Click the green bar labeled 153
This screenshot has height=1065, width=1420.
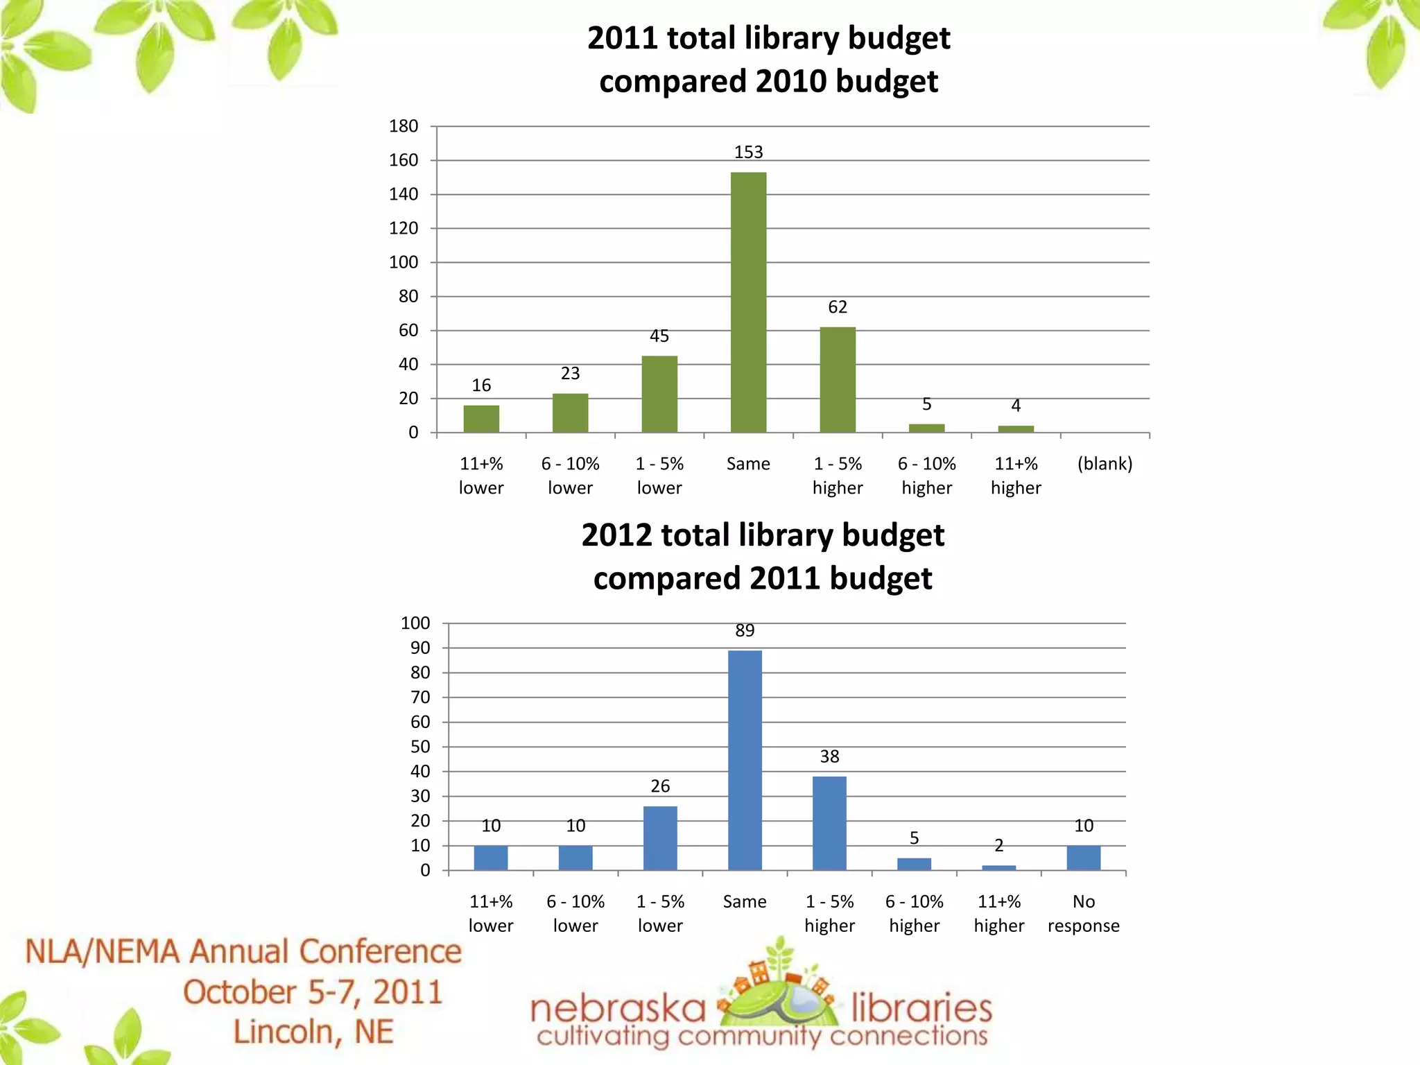point(748,302)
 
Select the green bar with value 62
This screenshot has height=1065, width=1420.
point(838,380)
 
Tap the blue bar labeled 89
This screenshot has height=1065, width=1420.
point(745,760)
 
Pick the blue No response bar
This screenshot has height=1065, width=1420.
point(1083,858)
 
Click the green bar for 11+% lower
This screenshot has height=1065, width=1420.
point(481,419)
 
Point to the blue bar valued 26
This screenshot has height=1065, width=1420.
point(660,838)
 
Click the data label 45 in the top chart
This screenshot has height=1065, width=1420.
point(659,336)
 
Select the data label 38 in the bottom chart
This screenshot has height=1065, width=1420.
point(829,756)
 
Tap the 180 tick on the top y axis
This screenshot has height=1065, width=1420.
point(404,126)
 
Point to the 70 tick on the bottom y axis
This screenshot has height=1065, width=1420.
point(420,697)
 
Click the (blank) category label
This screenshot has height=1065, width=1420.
point(1105,464)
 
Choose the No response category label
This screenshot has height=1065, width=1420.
point(1083,913)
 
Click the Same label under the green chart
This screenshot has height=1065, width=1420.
point(748,464)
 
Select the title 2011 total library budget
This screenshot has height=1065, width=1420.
point(768,38)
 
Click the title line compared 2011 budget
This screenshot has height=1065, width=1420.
point(763,578)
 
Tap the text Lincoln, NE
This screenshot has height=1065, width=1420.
point(313,1032)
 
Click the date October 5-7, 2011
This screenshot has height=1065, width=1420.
point(313,992)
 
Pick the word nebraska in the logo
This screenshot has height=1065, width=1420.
point(618,1009)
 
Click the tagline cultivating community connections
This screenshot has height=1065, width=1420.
point(762,1037)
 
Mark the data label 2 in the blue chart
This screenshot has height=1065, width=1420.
point(998,845)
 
